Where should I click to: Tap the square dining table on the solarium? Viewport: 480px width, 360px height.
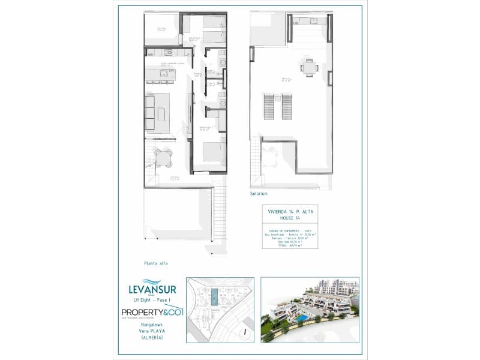pyautogui.click(x=310, y=70)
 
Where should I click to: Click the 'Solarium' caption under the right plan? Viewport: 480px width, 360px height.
pyautogui.click(x=259, y=194)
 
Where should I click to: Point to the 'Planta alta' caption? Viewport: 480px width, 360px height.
pyautogui.click(x=156, y=263)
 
